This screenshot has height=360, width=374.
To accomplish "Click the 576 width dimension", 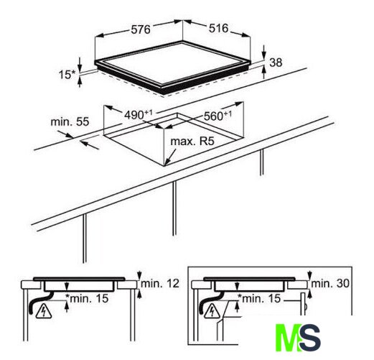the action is click(x=141, y=29).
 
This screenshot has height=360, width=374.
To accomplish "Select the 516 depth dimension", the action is click(x=218, y=28).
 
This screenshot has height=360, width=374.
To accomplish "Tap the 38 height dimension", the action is click(x=276, y=63).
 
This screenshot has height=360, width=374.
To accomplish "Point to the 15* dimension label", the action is click(x=67, y=75).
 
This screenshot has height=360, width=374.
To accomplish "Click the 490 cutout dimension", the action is click(x=138, y=115).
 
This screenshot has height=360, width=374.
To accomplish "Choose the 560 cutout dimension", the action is click(x=218, y=116).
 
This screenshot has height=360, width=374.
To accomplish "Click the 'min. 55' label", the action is click(x=70, y=121).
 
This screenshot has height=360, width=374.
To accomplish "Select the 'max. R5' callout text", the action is click(x=192, y=142).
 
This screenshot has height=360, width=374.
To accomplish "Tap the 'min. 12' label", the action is click(x=160, y=284).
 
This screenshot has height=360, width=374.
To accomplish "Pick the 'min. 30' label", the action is click(x=330, y=284).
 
